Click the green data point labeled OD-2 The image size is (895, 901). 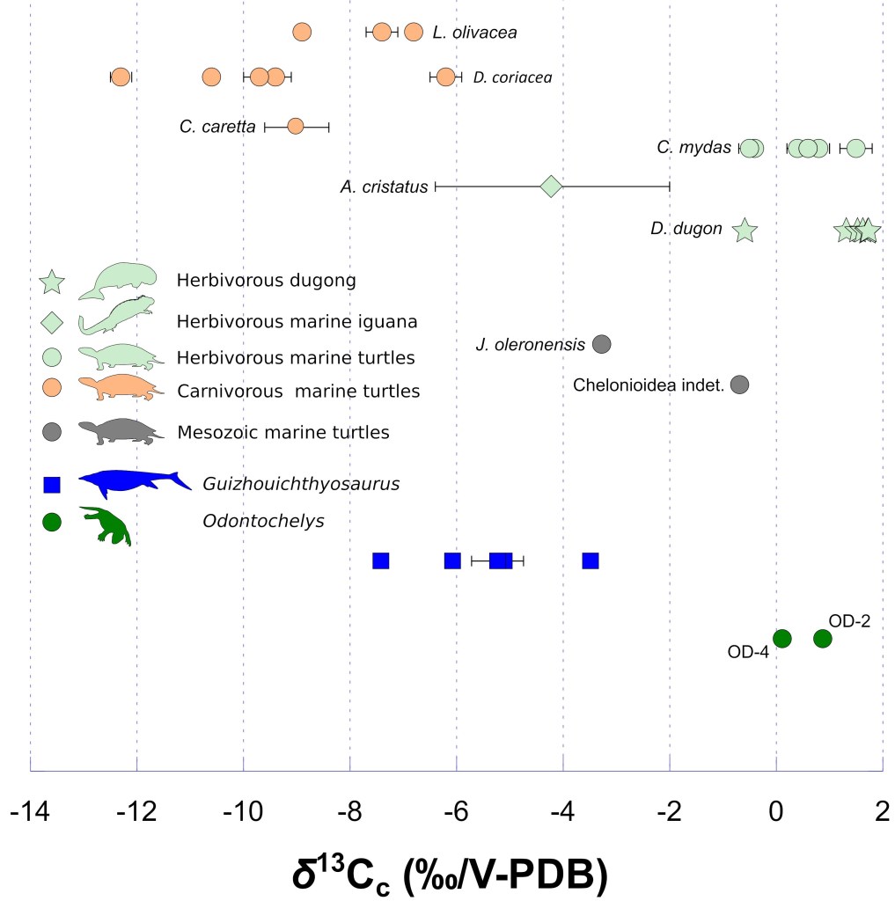[x=822, y=639]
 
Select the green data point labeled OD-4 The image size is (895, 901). [x=781, y=639]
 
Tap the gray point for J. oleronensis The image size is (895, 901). [x=602, y=344]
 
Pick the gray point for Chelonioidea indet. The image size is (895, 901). [x=739, y=385]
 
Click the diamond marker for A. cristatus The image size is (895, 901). [x=551, y=186]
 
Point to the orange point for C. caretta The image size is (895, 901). [x=296, y=127]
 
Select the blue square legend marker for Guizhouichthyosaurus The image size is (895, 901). [x=52, y=484]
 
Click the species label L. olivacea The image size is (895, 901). [x=474, y=33]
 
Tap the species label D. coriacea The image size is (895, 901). [x=512, y=77]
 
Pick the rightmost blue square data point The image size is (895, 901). [x=591, y=561]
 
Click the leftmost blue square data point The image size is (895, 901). [x=381, y=561]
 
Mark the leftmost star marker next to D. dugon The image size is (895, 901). [x=745, y=231]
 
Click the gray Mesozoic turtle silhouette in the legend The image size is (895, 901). [x=119, y=431]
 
